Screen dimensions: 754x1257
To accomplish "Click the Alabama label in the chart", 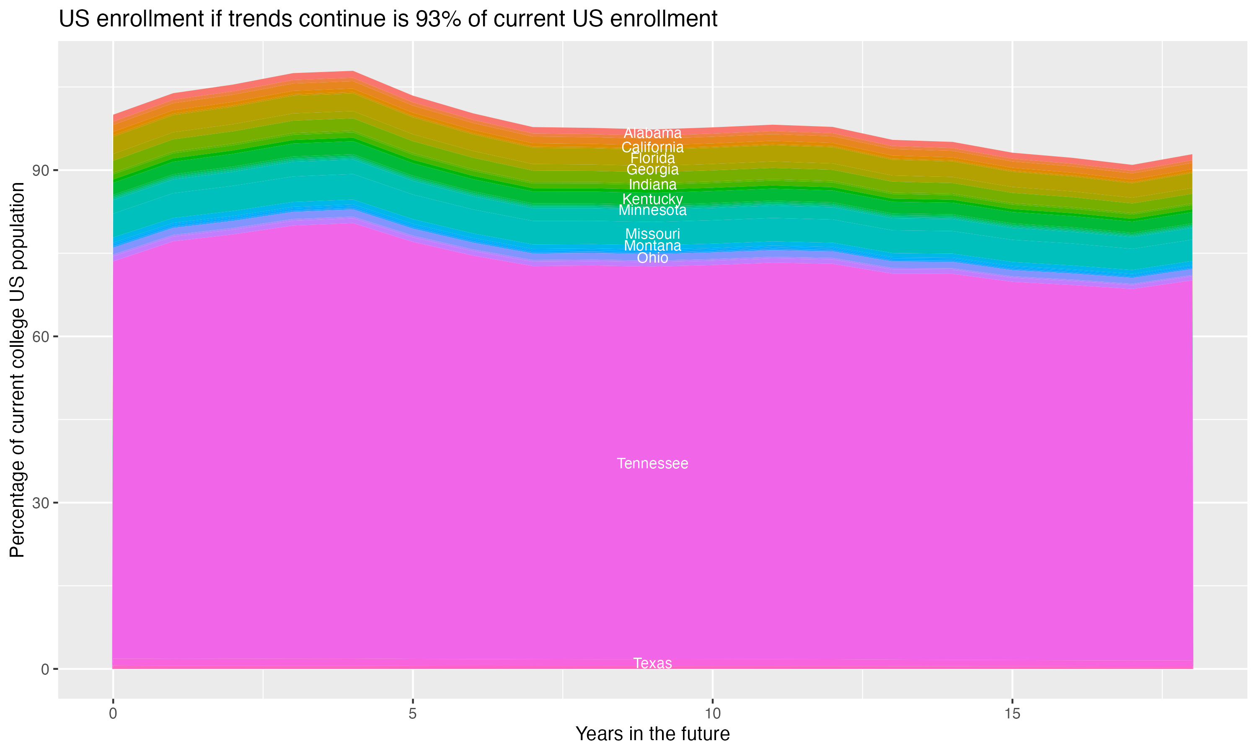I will (652, 133).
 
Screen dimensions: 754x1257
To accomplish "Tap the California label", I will (652, 147).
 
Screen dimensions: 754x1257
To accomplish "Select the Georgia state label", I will (652, 170).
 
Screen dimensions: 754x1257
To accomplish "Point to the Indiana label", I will (652, 184).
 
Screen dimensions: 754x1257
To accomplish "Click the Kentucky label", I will (652, 199).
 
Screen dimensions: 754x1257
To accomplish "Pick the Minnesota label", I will (652, 210).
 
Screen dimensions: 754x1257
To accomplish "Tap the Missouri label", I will (652, 234).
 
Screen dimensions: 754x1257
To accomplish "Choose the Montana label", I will (652, 246).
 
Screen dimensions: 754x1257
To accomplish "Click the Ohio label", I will (652, 258).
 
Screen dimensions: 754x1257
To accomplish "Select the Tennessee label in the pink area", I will (652, 463).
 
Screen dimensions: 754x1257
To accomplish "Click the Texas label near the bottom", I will (652, 663).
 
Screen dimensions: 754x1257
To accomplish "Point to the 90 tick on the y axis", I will (41, 170).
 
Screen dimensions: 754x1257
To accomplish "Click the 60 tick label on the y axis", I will (41, 336).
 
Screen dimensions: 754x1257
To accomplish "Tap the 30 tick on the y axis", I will (41, 503).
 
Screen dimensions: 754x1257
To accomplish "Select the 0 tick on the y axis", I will (45, 669).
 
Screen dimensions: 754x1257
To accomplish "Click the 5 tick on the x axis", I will (413, 714).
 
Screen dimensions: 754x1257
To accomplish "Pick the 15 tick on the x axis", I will (1012, 714).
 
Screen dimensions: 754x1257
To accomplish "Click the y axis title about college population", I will (17, 369).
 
